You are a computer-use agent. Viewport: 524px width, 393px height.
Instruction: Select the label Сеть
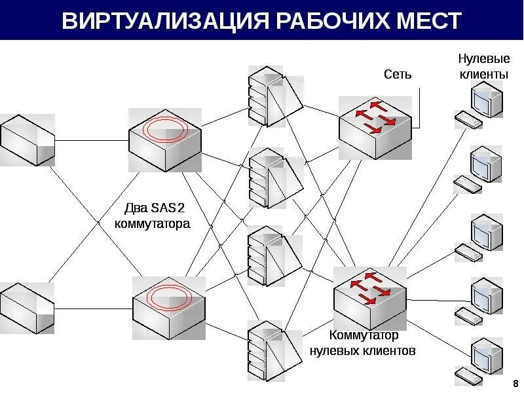tap(398, 74)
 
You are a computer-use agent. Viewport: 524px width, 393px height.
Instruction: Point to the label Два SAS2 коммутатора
tap(152, 216)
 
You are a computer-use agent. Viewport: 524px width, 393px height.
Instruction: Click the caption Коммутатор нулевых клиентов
tap(362, 343)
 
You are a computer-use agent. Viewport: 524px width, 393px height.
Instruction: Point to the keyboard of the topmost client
tap(468, 119)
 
